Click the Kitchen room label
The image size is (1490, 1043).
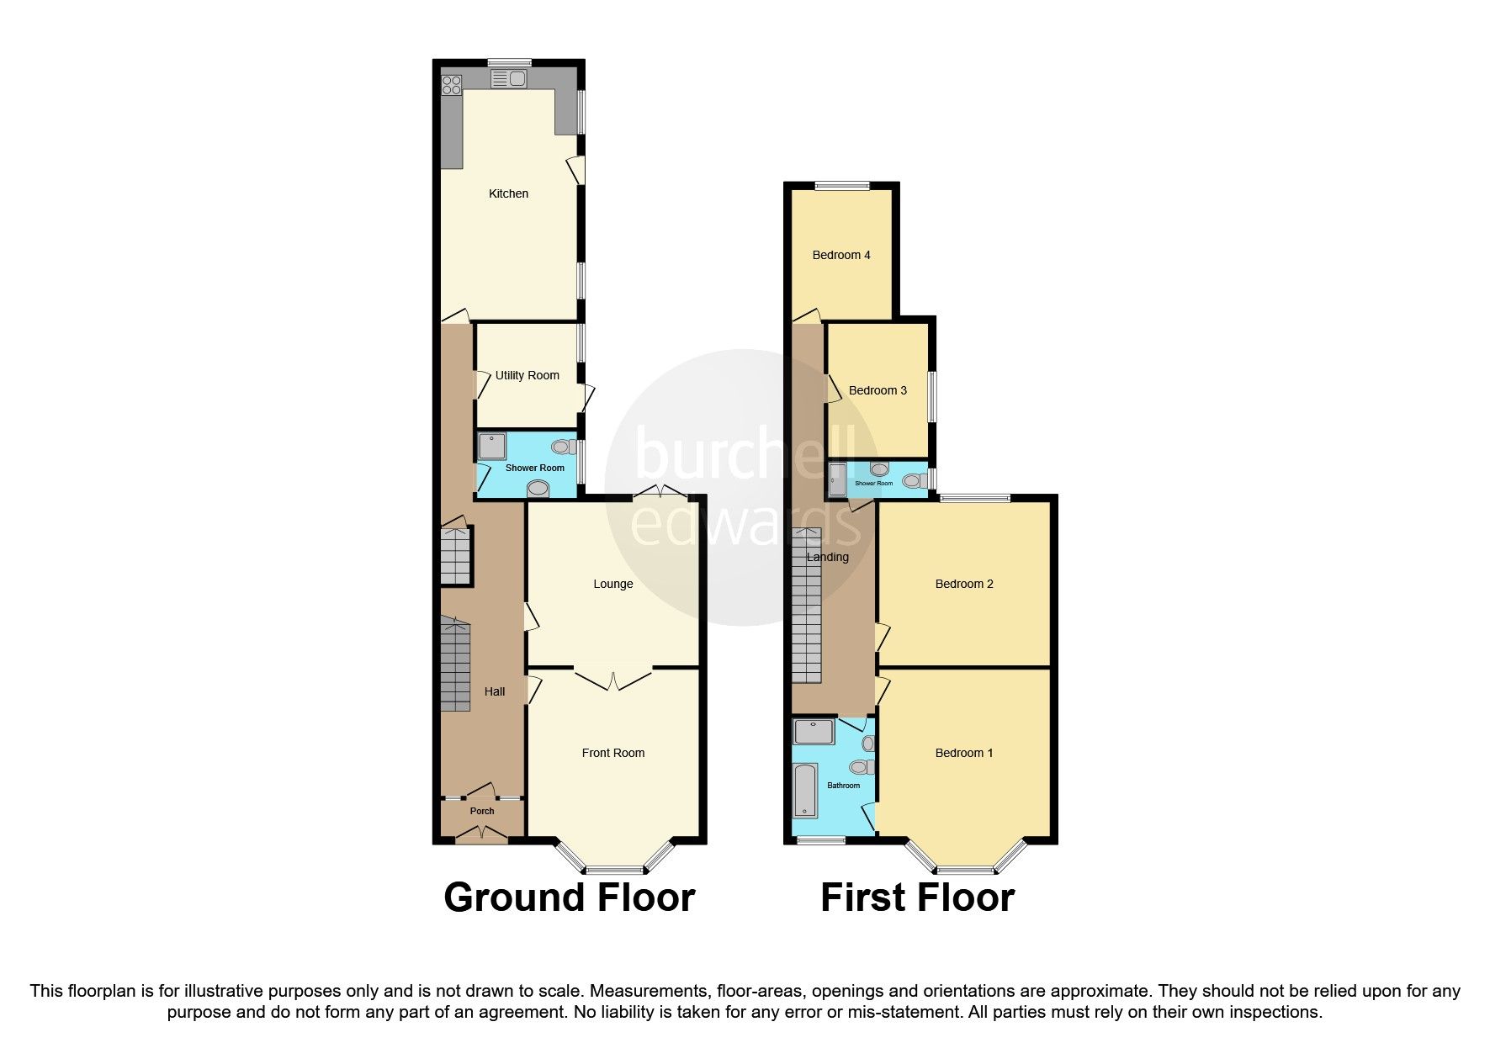click(x=508, y=193)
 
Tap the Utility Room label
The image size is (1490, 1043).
click(x=527, y=375)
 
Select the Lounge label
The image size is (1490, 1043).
click(x=612, y=584)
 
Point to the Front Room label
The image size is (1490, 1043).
click(x=612, y=753)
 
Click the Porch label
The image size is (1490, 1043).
click(x=482, y=811)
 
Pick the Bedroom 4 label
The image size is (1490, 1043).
click(x=840, y=255)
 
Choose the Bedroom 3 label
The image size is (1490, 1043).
click(x=878, y=390)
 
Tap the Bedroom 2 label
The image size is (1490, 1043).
click(x=964, y=584)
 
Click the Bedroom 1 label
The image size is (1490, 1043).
click(x=964, y=753)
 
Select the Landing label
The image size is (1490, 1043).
click(x=828, y=557)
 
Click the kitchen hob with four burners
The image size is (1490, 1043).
click(x=452, y=84)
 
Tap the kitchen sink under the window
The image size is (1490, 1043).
click(x=508, y=79)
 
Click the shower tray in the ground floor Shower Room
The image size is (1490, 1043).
click(x=492, y=446)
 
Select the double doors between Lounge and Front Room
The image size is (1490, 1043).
click(x=613, y=678)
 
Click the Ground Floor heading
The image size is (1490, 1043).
click(x=569, y=897)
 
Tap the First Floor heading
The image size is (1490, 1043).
click(x=917, y=897)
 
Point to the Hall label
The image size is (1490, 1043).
click(x=495, y=691)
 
